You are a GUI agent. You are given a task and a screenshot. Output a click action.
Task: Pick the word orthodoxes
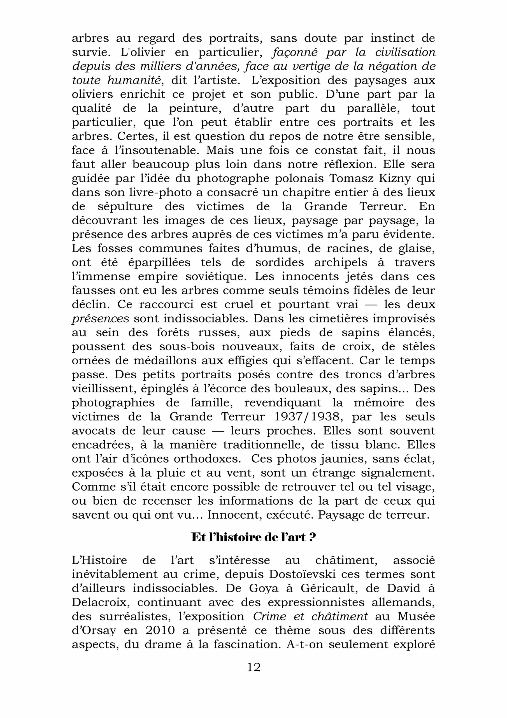coord(207,459)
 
